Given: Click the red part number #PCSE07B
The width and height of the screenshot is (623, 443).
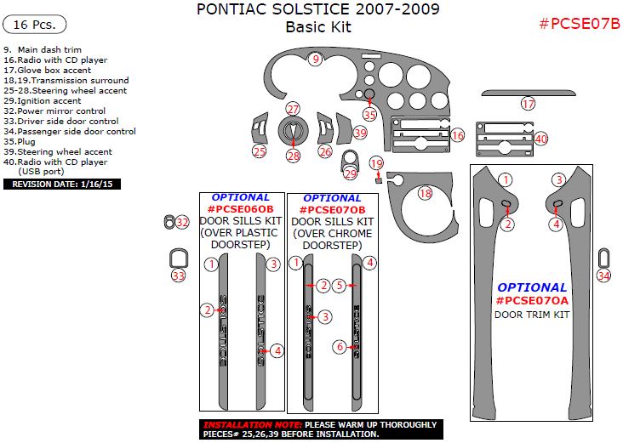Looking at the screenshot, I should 580,23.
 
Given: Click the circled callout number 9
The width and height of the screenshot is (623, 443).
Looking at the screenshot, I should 316,59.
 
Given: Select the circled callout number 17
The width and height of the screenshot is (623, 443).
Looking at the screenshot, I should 529,104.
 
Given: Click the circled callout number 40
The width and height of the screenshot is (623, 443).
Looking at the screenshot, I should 540,138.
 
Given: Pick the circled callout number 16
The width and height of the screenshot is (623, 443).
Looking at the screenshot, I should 458,135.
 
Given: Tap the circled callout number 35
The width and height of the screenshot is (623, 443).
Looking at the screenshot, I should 369,115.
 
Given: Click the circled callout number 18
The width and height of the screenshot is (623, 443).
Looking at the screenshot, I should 425,194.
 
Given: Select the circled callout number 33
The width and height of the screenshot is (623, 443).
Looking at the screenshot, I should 178,275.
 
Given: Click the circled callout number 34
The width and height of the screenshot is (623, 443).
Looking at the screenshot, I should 603,275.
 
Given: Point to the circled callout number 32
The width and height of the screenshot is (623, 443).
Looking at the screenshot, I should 183,222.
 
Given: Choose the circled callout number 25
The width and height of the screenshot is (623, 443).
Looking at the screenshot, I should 259,151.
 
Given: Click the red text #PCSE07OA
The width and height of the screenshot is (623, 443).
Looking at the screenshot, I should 532,301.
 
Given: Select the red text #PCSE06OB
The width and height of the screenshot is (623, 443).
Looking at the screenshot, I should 241,209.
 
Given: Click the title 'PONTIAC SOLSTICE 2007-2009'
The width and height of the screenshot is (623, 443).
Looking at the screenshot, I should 318,10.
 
